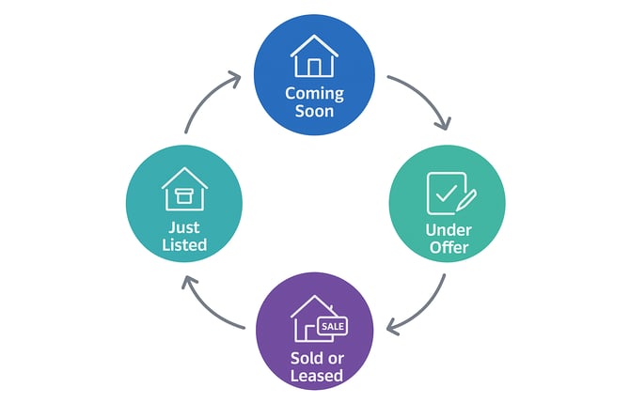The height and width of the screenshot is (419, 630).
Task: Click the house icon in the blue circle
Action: point(314,55)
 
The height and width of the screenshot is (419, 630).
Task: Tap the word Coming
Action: point(315,94)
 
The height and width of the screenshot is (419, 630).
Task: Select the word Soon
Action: point(315,111)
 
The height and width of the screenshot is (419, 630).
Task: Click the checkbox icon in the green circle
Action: point(446,193)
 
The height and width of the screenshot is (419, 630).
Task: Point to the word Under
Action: point(447,231)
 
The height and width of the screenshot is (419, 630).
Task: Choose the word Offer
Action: point(447,249)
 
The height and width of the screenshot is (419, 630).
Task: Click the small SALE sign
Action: point(333,325)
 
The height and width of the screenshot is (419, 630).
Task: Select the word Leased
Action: point(315,376)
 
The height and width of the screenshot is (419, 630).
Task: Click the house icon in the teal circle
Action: point(184,189)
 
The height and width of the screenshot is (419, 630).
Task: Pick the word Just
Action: point(184,228)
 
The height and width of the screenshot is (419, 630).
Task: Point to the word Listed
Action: point(184,246)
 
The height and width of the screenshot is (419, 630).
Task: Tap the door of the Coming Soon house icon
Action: point(314,66)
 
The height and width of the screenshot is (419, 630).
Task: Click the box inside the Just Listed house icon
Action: point(184,197)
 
